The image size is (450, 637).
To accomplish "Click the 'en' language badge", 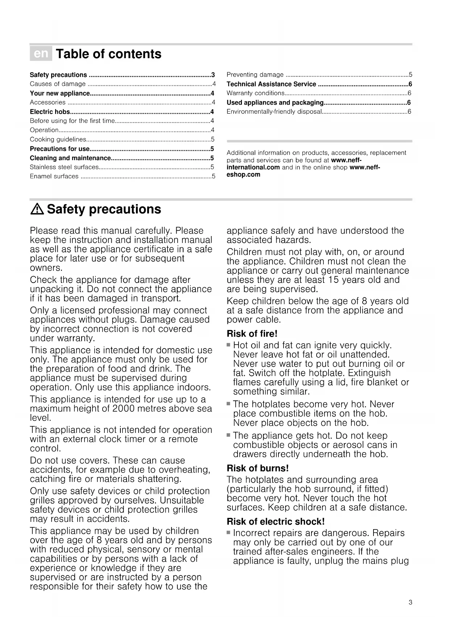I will pos(41,54).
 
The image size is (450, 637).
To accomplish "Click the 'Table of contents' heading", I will pos(108,54).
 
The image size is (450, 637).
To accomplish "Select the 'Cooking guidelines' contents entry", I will pos(58,139).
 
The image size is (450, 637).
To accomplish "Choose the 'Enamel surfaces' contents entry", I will pos(54,177).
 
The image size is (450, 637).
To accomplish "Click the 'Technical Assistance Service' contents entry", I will pos(271,84).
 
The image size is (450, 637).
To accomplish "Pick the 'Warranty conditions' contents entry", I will pos(255,93).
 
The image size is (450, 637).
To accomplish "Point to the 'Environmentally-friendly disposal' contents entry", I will pos(274,112).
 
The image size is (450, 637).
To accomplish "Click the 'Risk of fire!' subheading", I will pos(252,333).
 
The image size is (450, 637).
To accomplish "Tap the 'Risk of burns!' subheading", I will pos(257,468).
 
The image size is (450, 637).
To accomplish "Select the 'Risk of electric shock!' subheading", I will pos(276,522).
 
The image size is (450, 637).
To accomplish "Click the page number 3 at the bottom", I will pos(410,602).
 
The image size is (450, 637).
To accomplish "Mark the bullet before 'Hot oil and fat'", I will pos(228,345).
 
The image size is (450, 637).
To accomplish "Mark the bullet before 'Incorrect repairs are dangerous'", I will pos(228,533).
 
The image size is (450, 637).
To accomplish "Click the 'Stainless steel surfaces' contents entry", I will pos(64,167).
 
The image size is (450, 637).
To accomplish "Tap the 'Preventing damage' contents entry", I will pos(255,75).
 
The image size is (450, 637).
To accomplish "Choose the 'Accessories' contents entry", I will pos(48,103).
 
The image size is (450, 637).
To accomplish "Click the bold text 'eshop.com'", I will pos(243,175).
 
